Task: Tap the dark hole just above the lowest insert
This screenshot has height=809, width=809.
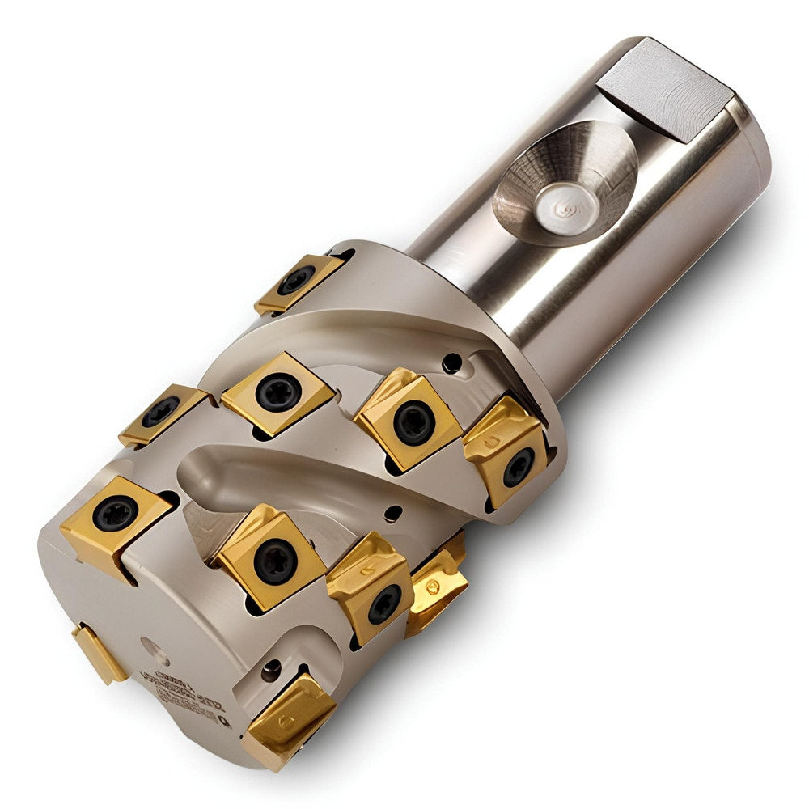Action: point(271,670)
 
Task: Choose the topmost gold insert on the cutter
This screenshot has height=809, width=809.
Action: point(300,282)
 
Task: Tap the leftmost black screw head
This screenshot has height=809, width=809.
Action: point(113,514)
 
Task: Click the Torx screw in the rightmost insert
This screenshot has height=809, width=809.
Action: point(517,467)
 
